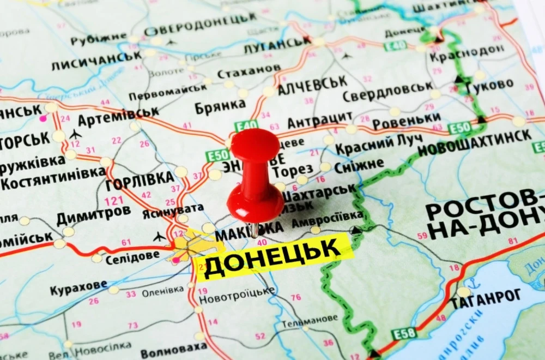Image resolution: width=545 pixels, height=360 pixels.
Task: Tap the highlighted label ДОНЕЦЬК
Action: point(272,257)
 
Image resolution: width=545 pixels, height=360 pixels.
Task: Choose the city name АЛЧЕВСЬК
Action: point(312,85)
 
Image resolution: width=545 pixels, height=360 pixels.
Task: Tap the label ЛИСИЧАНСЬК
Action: point(96,61)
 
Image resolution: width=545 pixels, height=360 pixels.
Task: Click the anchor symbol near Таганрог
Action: point(474,284)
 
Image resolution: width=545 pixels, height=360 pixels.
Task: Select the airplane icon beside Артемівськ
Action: point(75,134)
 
